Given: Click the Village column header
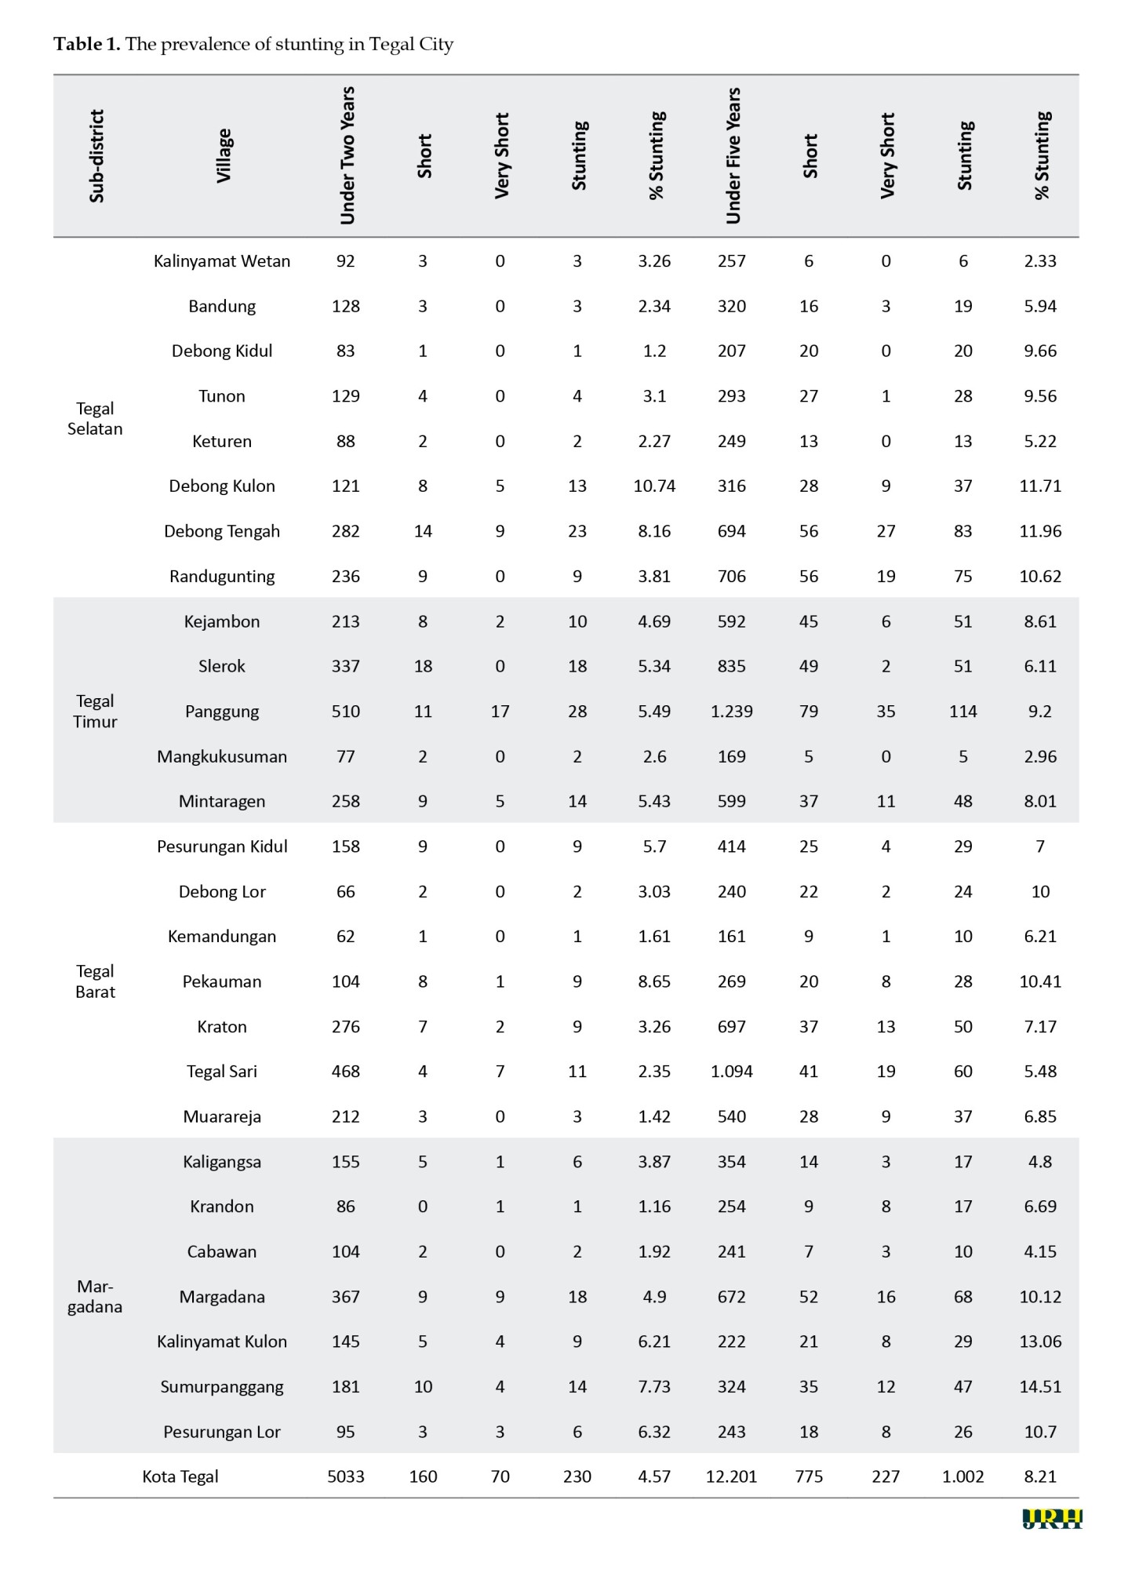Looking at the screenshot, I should coord(224,156).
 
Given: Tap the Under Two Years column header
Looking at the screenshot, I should coord(347,156).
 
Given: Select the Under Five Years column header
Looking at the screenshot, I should coord(733,156).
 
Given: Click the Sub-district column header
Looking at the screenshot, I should coord(96,156).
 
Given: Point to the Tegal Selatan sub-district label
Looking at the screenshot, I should coord(95,418).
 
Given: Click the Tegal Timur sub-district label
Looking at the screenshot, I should coord(95,711).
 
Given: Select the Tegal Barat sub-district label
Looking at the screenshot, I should coord(95,981).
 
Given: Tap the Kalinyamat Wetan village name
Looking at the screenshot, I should coord(222,261).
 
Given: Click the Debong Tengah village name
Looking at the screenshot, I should coord(222,531).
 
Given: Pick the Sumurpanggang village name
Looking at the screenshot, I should coord(222,1386).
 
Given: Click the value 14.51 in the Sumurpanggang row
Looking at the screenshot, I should coord(1040,1386).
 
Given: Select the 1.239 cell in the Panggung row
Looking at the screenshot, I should coord(731,712).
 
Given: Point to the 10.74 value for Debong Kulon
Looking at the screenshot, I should coord(654,486).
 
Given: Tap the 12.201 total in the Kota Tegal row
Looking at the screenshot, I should coord(731,1476).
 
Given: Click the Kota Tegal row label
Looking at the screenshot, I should coord(180,1476).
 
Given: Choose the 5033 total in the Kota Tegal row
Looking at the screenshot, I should coord(346,1476).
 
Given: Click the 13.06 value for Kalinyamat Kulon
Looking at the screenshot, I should coord(1040,1341).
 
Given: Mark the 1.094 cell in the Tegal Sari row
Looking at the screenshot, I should coord(731,1072).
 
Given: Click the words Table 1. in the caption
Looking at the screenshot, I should coord(86,44).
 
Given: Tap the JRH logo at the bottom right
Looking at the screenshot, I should coord(1052,1519).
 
